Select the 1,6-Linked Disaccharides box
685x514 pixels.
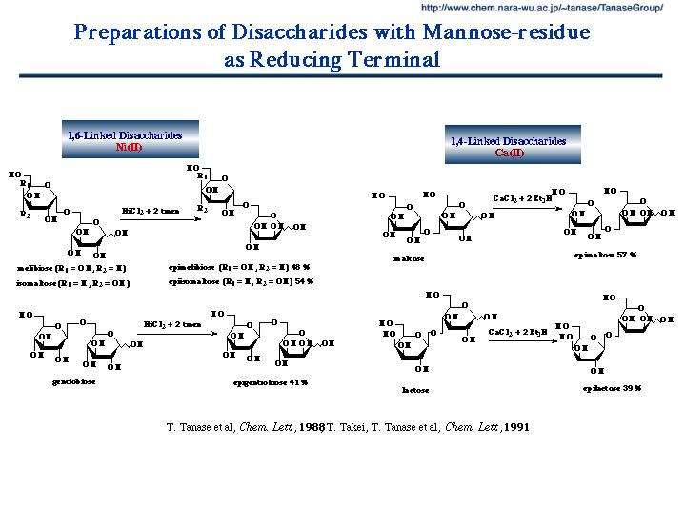coord(130,139)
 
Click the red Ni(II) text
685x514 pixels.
coord(129,147)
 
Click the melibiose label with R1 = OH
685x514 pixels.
coord(72,268)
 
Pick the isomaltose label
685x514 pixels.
coord(72,283)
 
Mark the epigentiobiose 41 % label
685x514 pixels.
coord(271,381)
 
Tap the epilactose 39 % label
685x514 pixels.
coord(612,388)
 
